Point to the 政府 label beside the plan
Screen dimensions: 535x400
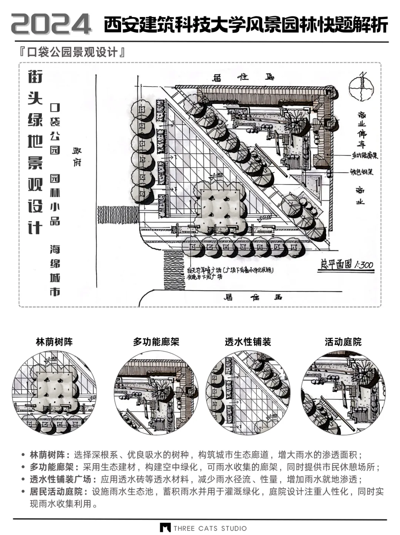77,156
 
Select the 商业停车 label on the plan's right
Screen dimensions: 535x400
361,129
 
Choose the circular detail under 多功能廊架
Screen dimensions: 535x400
156,393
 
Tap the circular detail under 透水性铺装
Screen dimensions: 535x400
248,393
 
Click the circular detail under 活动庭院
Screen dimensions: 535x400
343,393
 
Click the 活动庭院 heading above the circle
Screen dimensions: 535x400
343,342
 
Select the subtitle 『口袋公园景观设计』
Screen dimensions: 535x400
73,53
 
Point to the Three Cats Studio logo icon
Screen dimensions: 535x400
165,528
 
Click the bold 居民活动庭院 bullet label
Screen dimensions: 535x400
59,492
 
